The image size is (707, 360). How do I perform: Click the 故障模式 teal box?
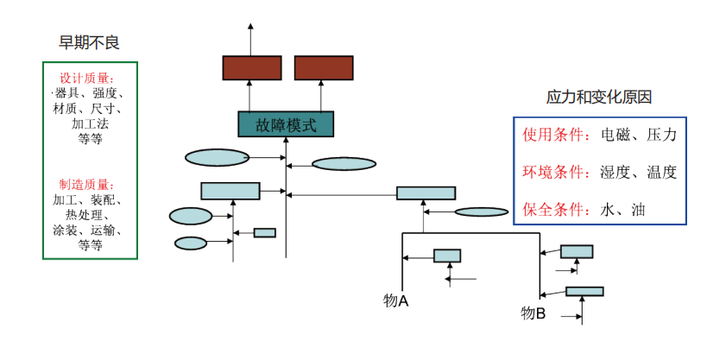(286, 124)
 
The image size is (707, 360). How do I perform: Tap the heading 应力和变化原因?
(597, 96)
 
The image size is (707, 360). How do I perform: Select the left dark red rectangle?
(251, 67)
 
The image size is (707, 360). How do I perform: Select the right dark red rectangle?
(323, 67)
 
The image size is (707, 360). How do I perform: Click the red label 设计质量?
(90, 79)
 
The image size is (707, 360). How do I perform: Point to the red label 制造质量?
(90, 185)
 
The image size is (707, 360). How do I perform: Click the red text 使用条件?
(555, 136)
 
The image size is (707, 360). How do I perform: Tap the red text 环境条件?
(555, 172)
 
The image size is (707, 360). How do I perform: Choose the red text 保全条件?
(555, 208)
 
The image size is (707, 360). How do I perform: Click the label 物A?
(396, 300)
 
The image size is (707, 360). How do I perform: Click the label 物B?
(533, 313)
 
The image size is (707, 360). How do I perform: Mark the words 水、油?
(622, 208)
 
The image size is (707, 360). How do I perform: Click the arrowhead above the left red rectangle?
(251, 28)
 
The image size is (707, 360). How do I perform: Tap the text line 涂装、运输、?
(90, 231)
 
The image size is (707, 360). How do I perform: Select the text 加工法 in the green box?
(90, 123)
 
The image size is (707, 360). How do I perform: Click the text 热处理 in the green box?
(90, 216)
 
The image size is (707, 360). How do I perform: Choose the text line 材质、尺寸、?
(90, 109)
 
